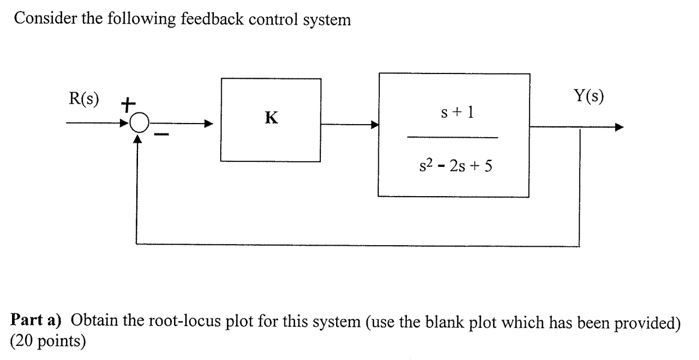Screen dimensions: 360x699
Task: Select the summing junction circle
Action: pos(139,125)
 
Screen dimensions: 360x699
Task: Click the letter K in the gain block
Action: pos(270,118)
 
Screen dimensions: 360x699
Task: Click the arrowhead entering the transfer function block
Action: pos(373,125)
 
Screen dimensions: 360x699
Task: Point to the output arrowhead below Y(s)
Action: pos(618,127)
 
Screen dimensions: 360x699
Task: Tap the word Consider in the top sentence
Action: pos(43,19)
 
